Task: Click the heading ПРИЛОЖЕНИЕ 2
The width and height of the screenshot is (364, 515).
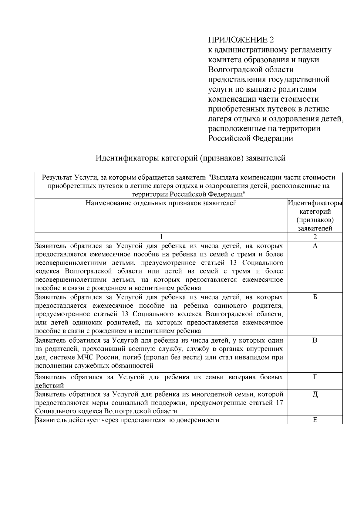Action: [x=241, y=40]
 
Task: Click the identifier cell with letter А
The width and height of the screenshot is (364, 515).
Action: [x=315, y=246]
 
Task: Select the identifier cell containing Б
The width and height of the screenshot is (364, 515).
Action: [x=315, y=297]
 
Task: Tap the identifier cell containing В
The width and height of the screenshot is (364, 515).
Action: [x=315, y=340]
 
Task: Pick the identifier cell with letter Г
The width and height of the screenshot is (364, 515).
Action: [x=315, y=377]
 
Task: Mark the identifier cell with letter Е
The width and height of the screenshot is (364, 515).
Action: [x=315, y=420]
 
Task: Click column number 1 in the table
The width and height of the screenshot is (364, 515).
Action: [x=161, y=237]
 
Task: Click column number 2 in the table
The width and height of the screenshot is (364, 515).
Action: [x=315, y=237]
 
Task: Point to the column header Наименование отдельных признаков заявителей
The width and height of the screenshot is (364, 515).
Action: [x=161, y=203]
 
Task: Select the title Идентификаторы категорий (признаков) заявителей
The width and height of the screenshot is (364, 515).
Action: [x=190, y=158]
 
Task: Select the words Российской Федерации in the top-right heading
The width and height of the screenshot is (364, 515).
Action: [x=251, y=138]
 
